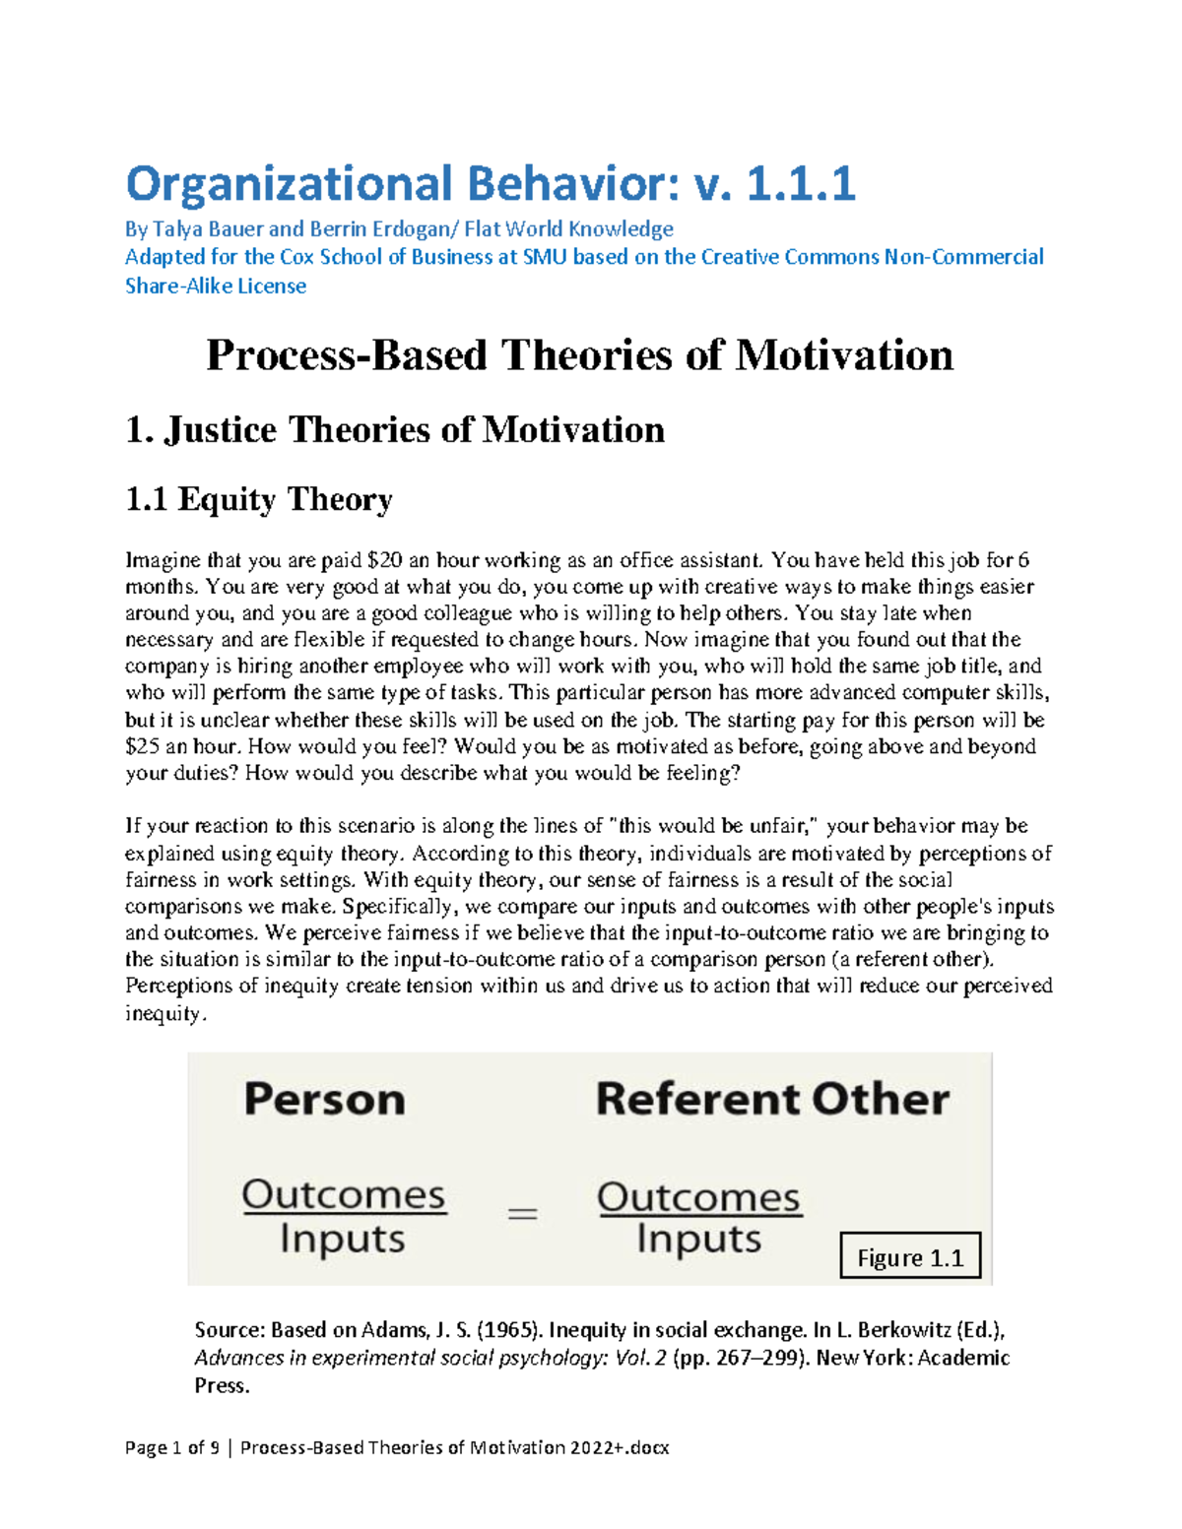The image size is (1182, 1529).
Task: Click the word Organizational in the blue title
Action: tap(289, 184)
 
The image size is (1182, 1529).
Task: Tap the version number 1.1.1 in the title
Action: tap(801, 184)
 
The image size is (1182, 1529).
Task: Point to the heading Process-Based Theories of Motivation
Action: tap(579, 355)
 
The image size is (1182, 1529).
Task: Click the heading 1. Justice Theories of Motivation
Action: tap(395, 430)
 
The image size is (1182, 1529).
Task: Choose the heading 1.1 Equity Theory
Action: tap(259, 500)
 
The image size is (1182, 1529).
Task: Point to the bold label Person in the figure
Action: tap(324, 1100)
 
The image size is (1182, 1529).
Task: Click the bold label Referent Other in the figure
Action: tap(772, 1100)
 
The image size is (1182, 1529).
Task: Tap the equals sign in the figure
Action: tap(522, 1214)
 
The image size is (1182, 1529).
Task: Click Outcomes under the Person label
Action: tap(344, 1195)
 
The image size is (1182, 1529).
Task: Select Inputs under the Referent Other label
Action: tap(698, 1239)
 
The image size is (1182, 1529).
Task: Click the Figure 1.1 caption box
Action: tap(910, 1257)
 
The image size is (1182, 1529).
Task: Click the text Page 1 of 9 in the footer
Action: tap(171, 1447)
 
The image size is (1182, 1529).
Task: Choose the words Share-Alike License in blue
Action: tap(216, 287)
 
